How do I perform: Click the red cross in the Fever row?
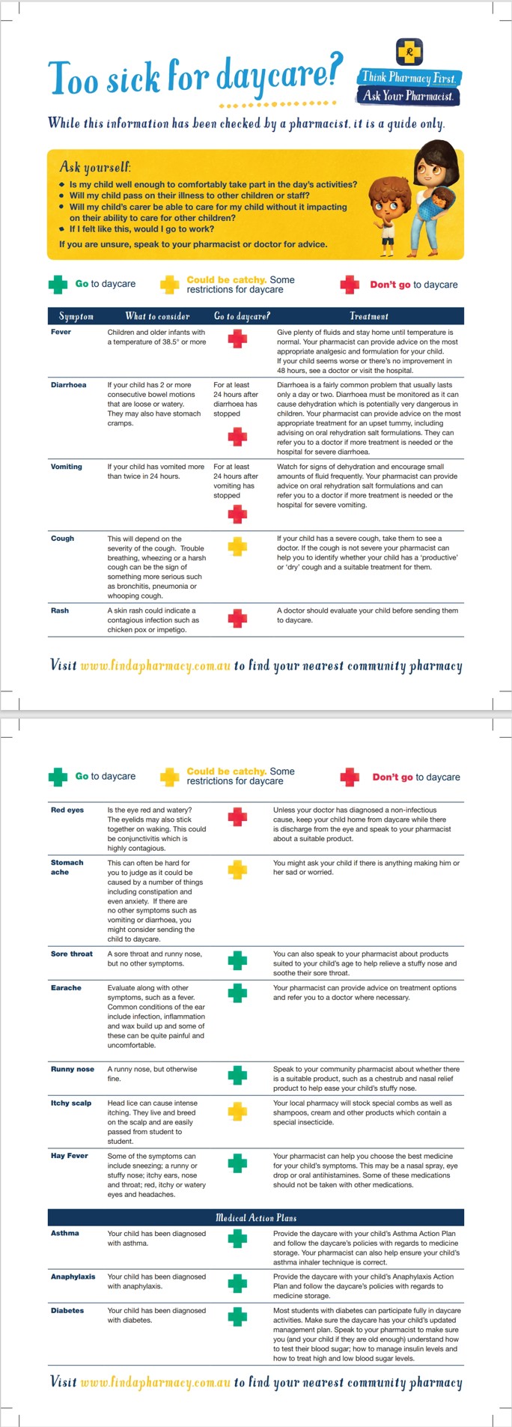click(237, 339)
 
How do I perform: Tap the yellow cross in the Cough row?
click(237, 546)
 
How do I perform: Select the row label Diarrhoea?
click(68, 385)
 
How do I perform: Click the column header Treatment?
click(369, 316)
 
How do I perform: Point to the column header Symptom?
click(76, 316)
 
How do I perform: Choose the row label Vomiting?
click(67, 467)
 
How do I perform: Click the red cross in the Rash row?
click(237, 618)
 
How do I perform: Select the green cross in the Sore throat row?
click(237, 960)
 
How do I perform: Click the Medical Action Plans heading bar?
click(256, 1217)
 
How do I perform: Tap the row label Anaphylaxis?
click(73, 1276)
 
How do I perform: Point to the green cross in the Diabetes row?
click(237, 1317)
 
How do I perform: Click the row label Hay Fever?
click(70, 1156)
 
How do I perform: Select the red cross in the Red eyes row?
click(237, 816)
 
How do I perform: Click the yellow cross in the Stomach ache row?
click(237, 870)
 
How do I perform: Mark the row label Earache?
click(66, 988)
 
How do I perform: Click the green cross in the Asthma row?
click(237, 1239)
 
